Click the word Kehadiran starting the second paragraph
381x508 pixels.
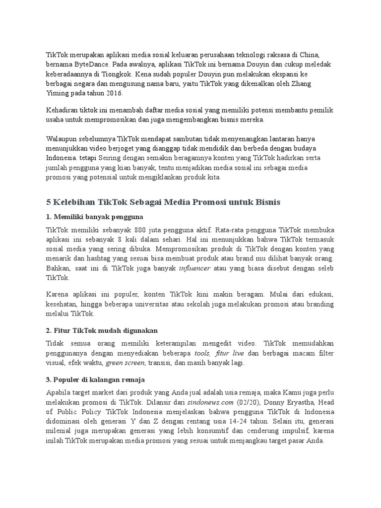[63, 111]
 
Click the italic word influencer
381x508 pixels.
[195, 268]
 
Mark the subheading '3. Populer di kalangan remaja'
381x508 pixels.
[95, 380]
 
